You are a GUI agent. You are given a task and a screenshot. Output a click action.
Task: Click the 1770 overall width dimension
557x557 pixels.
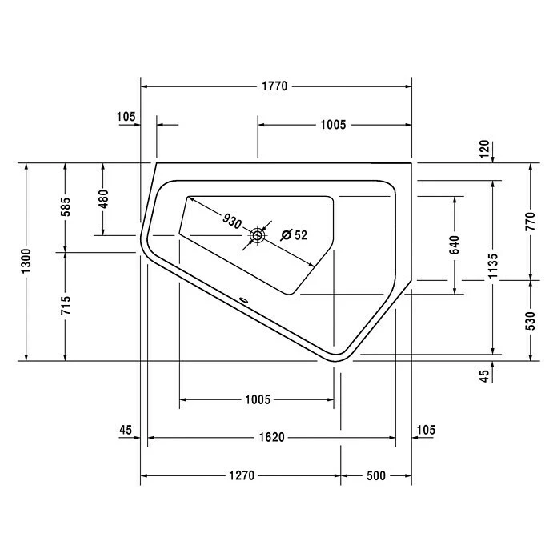click(x=274, y=86)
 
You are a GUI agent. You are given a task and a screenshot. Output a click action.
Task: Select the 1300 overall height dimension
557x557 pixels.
click(x=26, y=261)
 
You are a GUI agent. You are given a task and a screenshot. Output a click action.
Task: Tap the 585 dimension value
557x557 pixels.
click(x=66, y=206)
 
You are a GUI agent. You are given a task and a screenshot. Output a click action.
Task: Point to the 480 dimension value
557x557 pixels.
click(x=103, y=199)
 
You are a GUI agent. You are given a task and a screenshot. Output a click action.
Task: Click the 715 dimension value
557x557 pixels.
click(x=66, y=305)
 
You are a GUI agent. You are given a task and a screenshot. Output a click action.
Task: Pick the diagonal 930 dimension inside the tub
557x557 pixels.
click(x=232, y=222)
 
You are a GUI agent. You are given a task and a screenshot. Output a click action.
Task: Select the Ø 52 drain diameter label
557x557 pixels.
click(x=294, y=235)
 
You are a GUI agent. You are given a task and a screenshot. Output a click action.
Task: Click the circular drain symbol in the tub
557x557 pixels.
click(x=258, y=235)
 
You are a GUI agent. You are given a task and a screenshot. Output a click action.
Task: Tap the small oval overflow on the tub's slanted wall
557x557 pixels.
click(x=244, y=300)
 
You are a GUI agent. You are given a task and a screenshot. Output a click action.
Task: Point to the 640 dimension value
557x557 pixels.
click(x=455, y=245)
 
